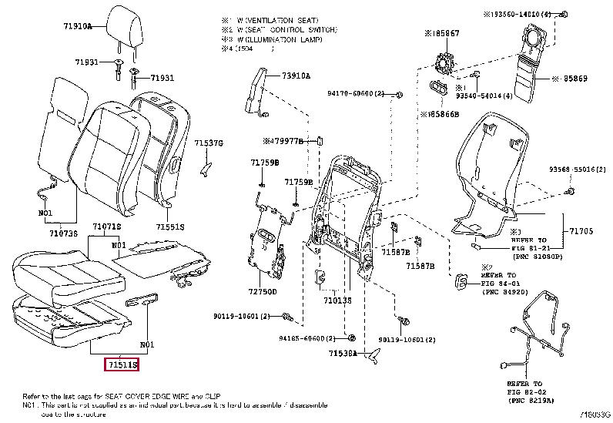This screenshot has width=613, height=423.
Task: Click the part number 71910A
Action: (77, 26)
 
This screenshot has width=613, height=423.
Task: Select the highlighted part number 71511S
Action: (123, 363)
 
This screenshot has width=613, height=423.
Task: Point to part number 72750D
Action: (263, 292)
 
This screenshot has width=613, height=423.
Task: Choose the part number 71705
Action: (581, 230)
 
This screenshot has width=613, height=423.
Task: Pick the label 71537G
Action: (208, 143)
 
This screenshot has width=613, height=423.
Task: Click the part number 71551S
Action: (170, 227)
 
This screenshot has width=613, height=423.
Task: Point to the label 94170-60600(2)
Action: (356, 93)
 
